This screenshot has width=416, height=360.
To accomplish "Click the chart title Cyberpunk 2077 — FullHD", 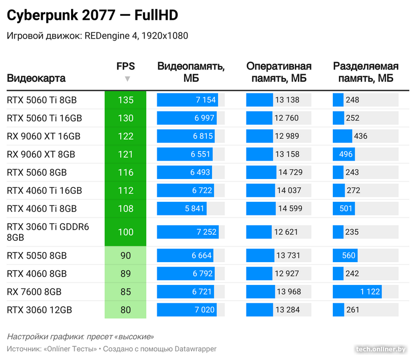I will [92, 16].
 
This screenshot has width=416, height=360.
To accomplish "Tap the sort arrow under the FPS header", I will [127, 79].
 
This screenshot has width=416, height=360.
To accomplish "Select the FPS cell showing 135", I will [125, 100].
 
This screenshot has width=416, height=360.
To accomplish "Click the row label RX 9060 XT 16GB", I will [44, 136].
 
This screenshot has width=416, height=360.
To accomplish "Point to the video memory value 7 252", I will [206, 232].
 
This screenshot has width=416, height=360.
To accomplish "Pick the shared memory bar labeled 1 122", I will [357, 292].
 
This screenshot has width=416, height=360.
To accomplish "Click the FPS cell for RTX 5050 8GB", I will [125, 256].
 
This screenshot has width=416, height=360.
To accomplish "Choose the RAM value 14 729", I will [290, 172].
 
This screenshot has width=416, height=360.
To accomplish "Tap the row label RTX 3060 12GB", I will [40, 310].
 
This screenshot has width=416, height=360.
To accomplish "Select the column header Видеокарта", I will [36, 79].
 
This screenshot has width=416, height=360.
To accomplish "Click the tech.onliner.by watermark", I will [381, 349].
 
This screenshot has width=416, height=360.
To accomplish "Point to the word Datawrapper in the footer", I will [195, 349].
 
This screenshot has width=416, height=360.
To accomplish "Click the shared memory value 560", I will [349, 256].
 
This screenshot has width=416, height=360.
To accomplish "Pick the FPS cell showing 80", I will [125, 310].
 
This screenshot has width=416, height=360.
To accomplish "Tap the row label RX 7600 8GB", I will [34, 292].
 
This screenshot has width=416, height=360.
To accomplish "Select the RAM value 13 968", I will [289, 292].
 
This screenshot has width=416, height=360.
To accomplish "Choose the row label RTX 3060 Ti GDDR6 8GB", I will [48, 232].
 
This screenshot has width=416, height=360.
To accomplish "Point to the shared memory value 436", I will [361, 136].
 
